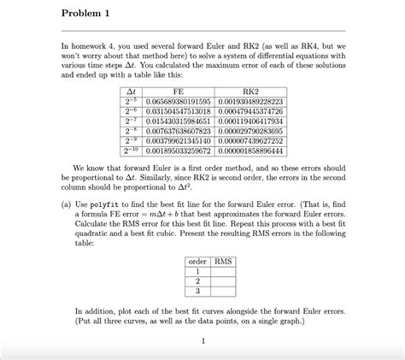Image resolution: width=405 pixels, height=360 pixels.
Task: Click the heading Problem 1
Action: tap(89, 15)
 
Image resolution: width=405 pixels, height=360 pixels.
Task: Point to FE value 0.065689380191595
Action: tap(178, 101)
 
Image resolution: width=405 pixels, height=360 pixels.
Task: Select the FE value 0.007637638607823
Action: tap(178, 131)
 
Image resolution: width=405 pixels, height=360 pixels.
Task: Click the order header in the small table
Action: tap(198, 261)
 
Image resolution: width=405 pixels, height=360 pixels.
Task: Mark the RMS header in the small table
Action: tap(224, 261)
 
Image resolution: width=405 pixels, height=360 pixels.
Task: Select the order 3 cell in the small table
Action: tap(198, 291)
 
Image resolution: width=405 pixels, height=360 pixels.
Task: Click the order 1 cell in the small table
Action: tap(198, 271)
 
